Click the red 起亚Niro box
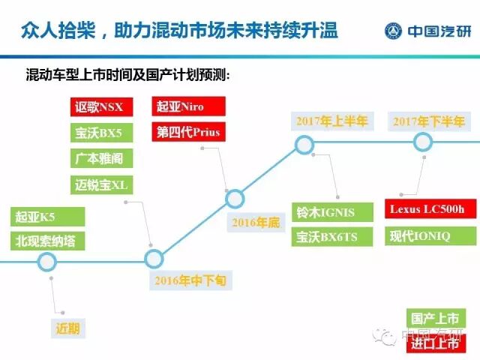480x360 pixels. coord(187,106)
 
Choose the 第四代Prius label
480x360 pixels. coord(187,133)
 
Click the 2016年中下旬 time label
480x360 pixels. coord(190,281)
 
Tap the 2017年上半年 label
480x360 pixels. coord(331,121)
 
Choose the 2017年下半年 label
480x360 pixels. coord(430,121)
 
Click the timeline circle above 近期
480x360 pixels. coord(47,261)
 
